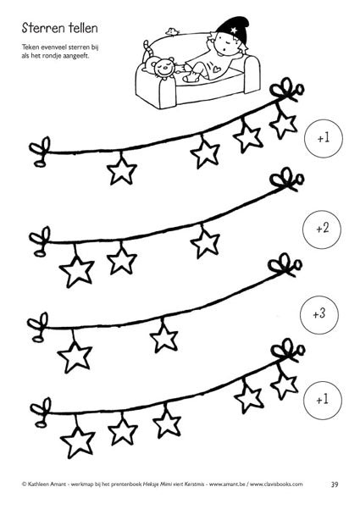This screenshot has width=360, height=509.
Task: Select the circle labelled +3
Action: (318, 314)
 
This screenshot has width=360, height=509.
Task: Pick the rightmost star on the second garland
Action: (205, 242)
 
